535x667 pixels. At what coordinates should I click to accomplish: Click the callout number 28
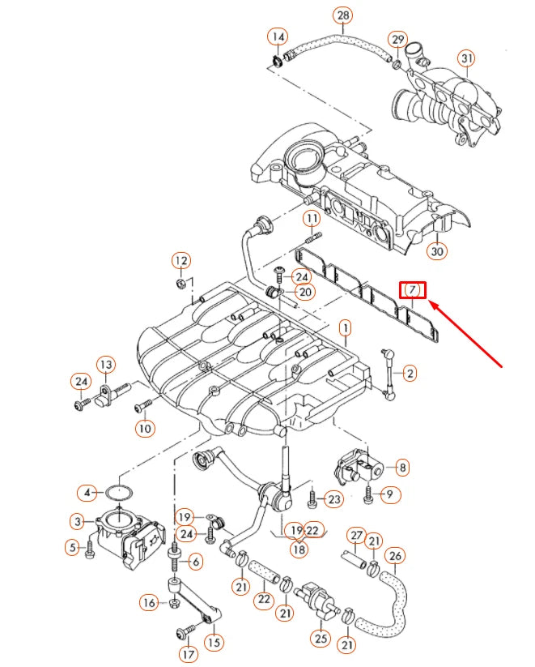(x=343, y=15)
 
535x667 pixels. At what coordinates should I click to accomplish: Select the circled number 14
(x=278, y=36)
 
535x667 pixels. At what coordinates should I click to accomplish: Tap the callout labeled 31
(x=466, y=58)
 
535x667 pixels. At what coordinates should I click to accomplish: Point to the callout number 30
(x=437, y=251)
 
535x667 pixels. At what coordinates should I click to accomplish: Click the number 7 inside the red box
(x=412, y=289)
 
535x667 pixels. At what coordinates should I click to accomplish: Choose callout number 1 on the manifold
(x=345, y=328)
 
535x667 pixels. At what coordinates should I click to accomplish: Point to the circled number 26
(x=394, y=555)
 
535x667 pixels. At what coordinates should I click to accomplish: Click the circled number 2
(x=410, y=373)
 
